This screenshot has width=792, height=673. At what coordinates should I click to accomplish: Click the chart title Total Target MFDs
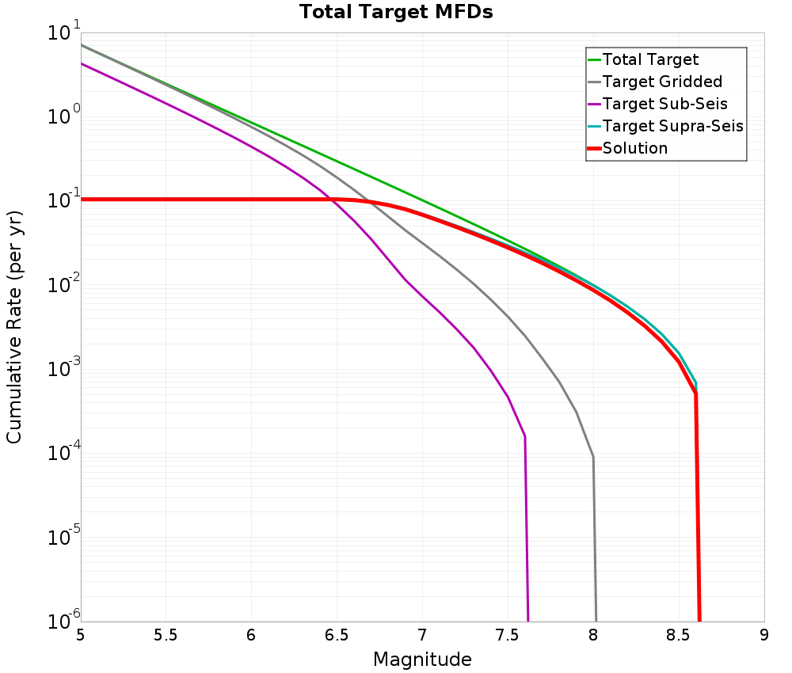[x=396, y=12]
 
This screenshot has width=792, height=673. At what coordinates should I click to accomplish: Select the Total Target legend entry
[x=650, y=59]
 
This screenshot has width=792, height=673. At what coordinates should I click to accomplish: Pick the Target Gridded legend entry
[x=662, y=82]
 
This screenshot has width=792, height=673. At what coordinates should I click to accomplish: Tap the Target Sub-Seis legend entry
[x=664, y=104]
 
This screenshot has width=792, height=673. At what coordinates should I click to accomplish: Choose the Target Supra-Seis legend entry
[x=672, y=126]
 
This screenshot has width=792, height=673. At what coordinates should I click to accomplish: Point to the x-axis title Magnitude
[x=422, y=660]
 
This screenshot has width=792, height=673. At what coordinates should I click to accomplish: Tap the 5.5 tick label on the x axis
[x=166, y=635]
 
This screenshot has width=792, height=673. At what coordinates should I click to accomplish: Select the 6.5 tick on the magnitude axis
[x=337, y=635]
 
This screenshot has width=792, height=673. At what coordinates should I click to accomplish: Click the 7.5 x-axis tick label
[x=508, y=635]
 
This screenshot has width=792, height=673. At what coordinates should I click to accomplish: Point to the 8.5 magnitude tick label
[x=679, y=635]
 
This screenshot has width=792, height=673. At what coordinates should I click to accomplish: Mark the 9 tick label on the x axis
[x=764, y=635]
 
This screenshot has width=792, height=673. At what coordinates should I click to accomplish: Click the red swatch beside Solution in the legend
[x=594, y=148]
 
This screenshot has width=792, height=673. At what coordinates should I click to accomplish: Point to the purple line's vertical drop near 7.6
[x=526, y=530]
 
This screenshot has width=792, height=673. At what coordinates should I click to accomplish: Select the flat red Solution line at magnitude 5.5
[x=166, y=199]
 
